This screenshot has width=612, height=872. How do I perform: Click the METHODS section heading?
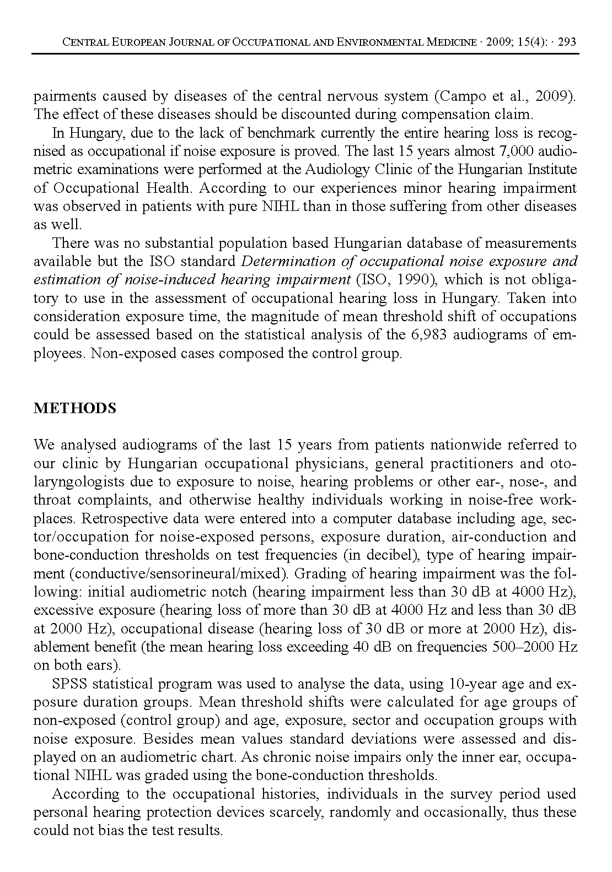[x=75, y=408]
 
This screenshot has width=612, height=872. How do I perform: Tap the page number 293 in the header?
[x=567, y=42]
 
